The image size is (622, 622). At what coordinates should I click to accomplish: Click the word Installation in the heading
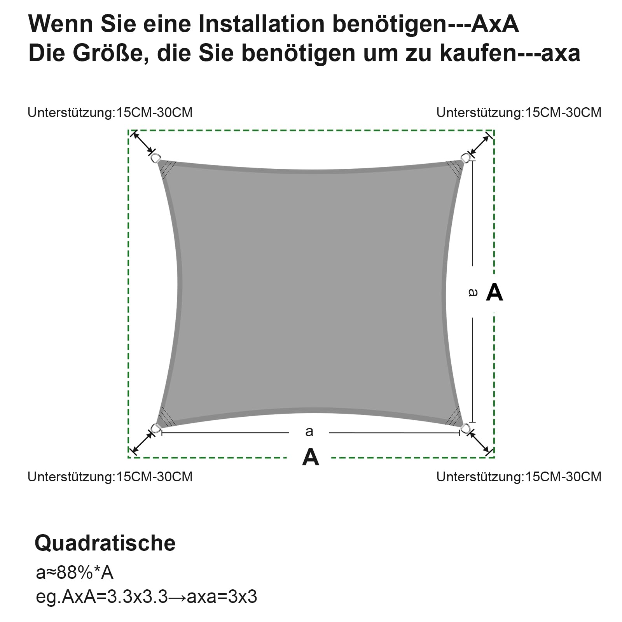(x=262, y=24)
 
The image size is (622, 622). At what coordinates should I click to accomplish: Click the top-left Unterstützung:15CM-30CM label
(x=110, y=113)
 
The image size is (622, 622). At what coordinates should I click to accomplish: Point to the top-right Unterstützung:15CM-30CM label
(x=519, y=113)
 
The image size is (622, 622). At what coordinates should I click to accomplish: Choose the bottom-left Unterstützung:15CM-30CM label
(x=110, y=477)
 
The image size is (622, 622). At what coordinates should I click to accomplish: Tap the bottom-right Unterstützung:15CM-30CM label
(x=519, y=477)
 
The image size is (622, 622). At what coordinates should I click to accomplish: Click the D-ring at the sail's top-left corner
(x=156, y=158)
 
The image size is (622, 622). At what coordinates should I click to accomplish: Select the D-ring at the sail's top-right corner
(x=465, y=157)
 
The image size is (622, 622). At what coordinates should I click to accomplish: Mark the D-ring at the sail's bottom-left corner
(x=156, y=428)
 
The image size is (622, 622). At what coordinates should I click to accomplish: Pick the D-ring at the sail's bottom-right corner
(x=465, y=429)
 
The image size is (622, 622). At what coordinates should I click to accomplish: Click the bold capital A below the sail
(x=311, y=457)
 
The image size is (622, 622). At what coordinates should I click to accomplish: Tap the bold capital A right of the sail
(x=494, y=292)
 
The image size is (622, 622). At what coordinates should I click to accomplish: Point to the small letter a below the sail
(x=309, y=432)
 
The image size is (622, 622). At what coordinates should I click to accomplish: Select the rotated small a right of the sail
(x=473, y=292)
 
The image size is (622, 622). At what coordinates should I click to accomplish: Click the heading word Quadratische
(x=105, y=543)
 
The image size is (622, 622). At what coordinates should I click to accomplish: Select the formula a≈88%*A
(x=75, y=573)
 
